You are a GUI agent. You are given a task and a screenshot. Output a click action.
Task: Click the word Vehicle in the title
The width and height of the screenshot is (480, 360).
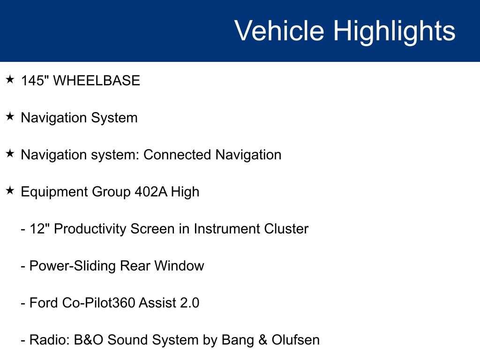(x=278, y=31)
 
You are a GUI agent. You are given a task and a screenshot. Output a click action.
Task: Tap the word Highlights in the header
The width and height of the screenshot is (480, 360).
(x=394, y=31)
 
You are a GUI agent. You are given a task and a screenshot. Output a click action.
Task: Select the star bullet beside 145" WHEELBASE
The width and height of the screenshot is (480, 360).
(x=10, y=80)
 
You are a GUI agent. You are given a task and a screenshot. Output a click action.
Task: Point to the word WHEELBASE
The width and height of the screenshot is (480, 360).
(x=97, y=81)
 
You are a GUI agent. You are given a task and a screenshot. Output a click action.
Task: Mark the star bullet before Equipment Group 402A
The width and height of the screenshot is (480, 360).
(x=10, y=191)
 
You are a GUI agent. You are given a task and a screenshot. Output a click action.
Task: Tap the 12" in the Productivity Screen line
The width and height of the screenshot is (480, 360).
(x=37, y=229)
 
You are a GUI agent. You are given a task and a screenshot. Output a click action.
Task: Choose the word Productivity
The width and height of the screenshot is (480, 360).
(x=86, y=229)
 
